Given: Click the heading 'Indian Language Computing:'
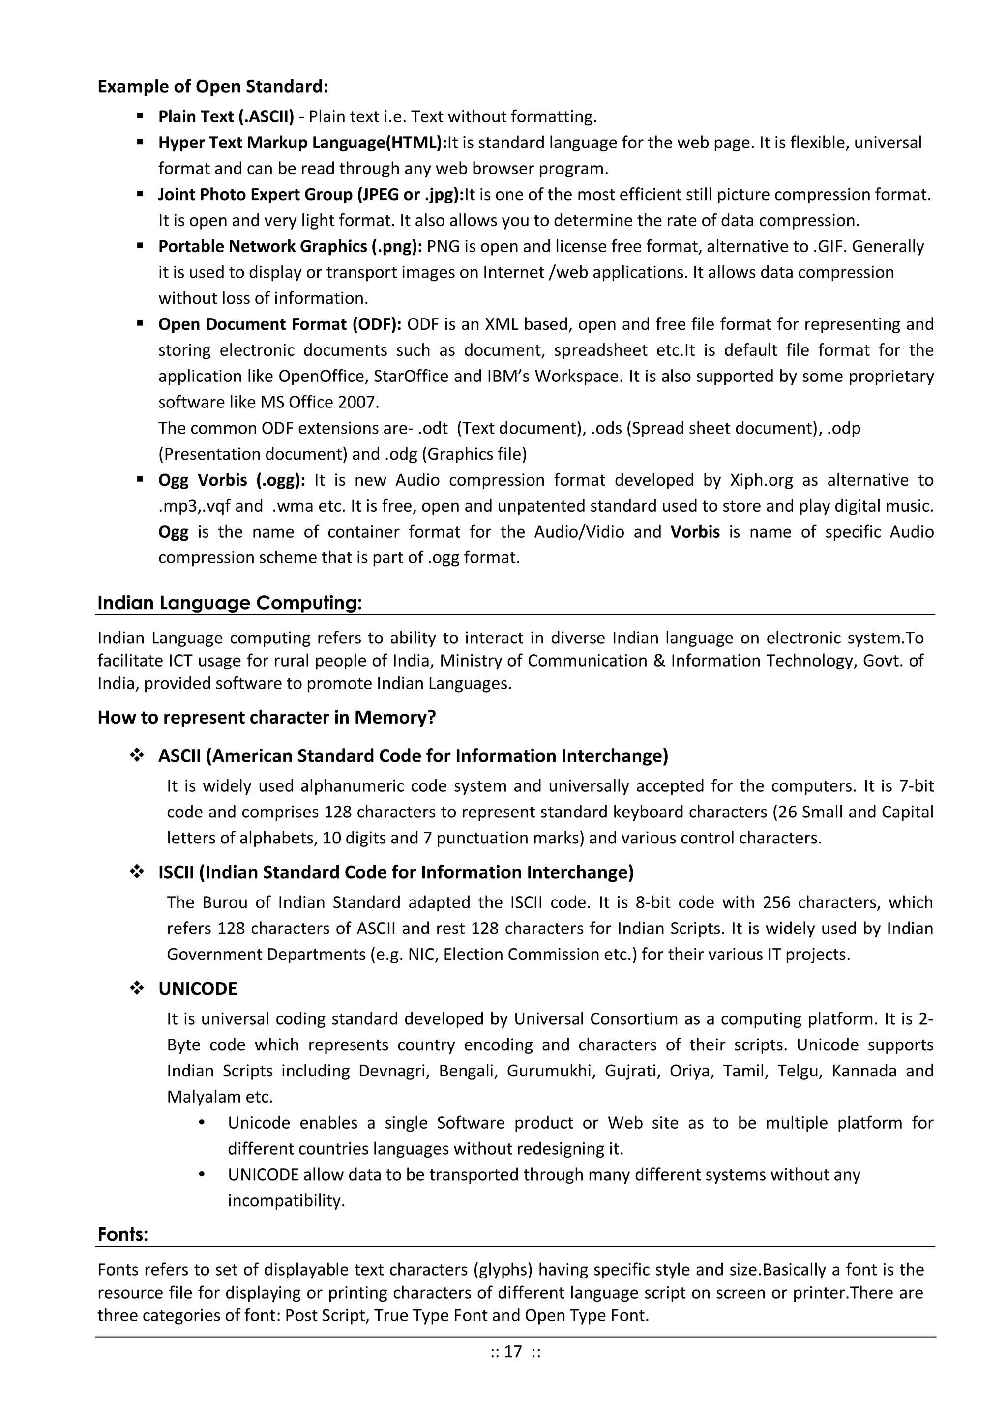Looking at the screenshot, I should click(230, 603).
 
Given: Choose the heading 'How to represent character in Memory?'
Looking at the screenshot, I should click(267, 717).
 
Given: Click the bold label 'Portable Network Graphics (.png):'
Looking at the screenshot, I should click(290, 247).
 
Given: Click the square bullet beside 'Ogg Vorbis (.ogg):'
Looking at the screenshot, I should click(140, 479).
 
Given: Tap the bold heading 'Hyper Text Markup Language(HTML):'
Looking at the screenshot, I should click(302, 143).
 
